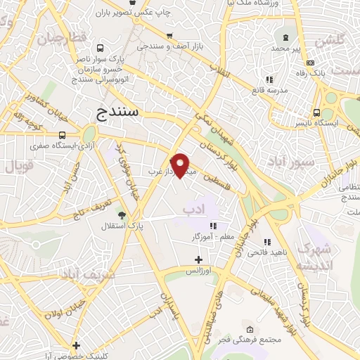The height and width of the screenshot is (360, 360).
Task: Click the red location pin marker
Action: [181, 165]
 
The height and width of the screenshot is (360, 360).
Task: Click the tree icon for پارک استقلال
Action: [122, 214]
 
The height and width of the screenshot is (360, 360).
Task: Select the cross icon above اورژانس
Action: [198, 259]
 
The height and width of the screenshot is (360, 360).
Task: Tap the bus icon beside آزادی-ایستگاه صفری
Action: [63, 136]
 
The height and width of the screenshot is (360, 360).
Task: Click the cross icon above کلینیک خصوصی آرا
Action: [77, 345]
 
